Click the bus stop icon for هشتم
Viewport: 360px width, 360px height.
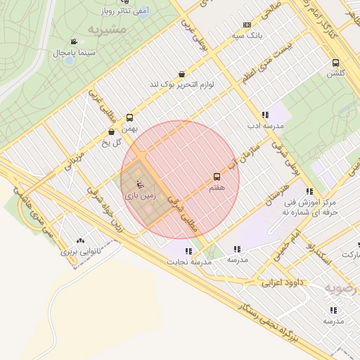pos(217,177)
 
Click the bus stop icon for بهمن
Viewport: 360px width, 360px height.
pos(129,118)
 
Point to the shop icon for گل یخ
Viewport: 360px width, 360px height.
pos(112,131)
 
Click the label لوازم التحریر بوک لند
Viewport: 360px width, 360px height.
pos(181,84)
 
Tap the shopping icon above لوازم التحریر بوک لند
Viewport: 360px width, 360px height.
pos(182,74)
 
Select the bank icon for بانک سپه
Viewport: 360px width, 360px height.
pos(246,25)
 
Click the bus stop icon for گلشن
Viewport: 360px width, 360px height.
pos(335,62)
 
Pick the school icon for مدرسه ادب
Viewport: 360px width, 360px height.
pos(264,115)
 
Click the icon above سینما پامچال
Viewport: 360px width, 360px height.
pos(74,42)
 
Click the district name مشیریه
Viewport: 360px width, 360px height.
pos(108,30)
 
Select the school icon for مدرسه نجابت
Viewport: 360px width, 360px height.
pos(188,251)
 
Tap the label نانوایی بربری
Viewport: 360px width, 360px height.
pos(80,250)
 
